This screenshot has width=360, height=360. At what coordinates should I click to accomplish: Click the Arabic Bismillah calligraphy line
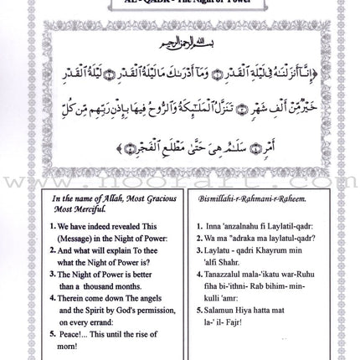[x=178, y=63]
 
